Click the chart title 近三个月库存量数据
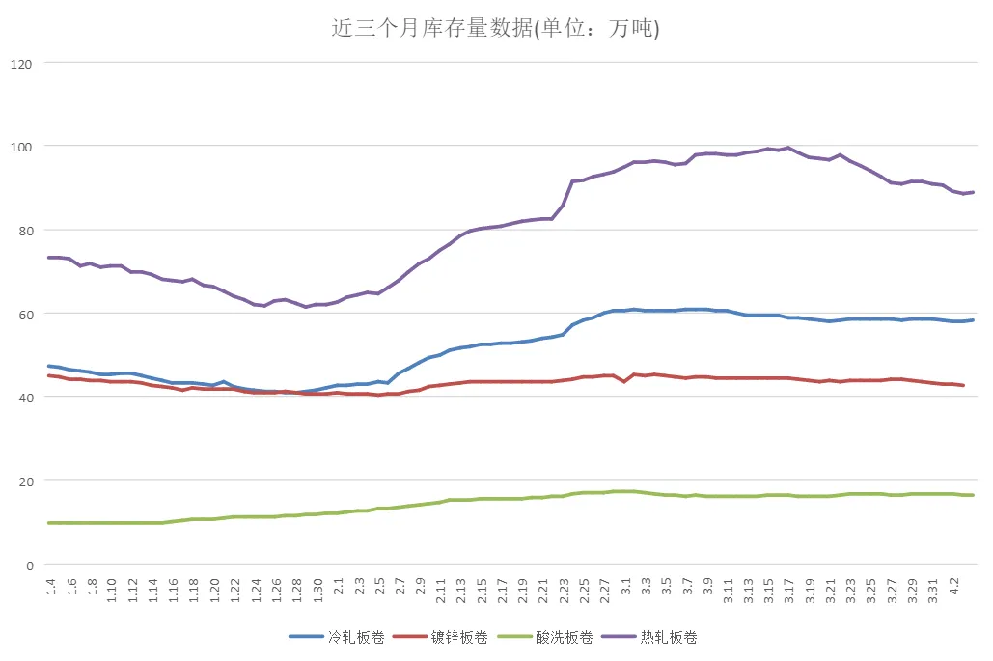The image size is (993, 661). point(495,29)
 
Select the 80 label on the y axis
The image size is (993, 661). point(24,231)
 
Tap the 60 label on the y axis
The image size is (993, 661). point(24,314)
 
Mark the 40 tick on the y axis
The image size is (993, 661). point(24,398)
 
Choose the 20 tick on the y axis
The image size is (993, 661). point(24,481)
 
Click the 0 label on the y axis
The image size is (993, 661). point(28,565)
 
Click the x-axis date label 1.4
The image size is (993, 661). point(51,588)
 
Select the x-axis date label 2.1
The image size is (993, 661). point(338,588)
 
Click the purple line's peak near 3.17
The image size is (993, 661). point(788,148)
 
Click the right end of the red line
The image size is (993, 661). point(963,385)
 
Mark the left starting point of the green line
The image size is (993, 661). point(49,523)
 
